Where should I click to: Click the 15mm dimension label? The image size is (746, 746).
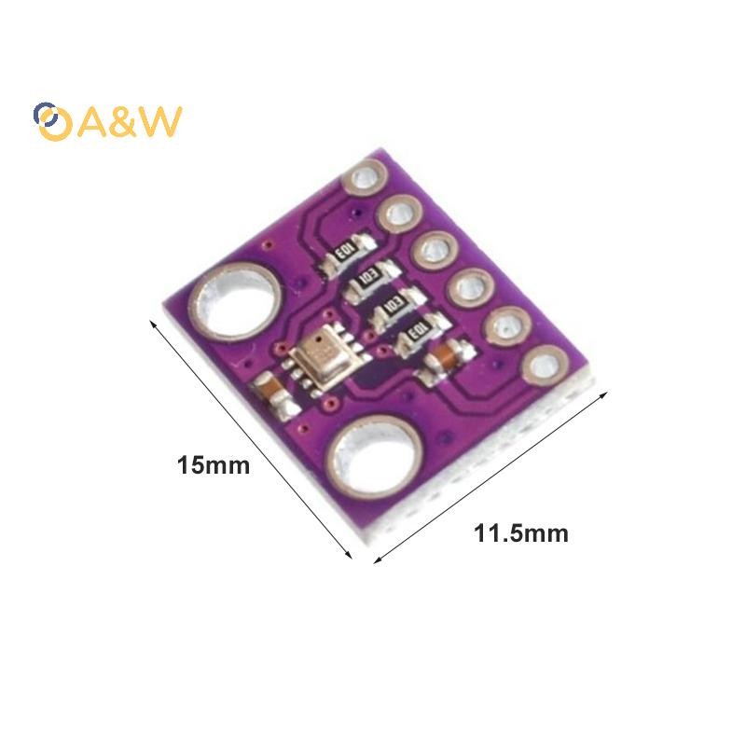[x=214, y=464]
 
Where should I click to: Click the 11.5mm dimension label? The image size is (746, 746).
[x=521, y=533]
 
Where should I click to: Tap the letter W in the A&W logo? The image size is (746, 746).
[x=159, y=121]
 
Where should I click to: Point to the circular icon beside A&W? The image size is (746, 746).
[x=52, y=122]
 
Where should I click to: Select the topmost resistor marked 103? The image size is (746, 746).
[x=346, y=252]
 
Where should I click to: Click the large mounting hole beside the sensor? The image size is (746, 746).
[x=236, y=301]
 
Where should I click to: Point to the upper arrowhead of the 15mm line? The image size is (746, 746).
[x=153, y=324]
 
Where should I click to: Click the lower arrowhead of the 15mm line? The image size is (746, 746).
[x=348, y=554]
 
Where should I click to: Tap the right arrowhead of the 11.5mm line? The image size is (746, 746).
[x=603, y=394]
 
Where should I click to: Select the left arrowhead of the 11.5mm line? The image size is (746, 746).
[x=378, y=559]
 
